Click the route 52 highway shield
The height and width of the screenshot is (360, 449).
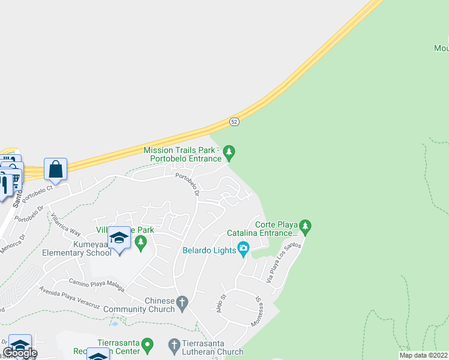[235, 122]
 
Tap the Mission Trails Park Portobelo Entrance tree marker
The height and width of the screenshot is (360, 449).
[229, 153]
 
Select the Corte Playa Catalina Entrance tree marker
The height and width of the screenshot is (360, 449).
[306, 227]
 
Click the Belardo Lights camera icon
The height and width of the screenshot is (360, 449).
[243, 248]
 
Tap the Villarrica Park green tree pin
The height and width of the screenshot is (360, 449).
[141, 243]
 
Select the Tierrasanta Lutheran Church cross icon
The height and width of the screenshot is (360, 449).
[174, 346]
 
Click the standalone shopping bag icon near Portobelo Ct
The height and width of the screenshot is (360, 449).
[55, 170]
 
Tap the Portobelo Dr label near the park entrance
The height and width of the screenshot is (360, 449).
[187, 184]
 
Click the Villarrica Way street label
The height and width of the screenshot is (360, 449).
[65, 224]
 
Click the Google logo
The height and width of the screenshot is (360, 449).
[20, 353]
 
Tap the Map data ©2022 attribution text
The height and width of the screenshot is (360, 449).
[424, 355]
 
